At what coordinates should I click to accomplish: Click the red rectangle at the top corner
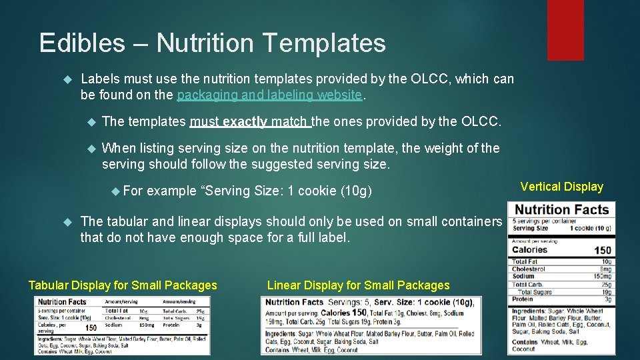[x=565, y=29]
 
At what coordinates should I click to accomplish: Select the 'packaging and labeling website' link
[x=270, y=95]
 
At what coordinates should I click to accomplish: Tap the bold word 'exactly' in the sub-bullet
[x=245, y=122]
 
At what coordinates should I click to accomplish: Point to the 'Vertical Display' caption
[x=561, y=187]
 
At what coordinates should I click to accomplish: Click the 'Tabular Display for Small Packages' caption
[x=123, y=285]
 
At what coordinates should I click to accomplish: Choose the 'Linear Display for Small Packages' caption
[x=358, y=285]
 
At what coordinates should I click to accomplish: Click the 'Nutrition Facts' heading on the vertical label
[x=562, y=210]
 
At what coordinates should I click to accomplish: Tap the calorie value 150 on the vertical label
[x=603, y=251]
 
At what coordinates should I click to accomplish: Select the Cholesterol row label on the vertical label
[x=529, y=269]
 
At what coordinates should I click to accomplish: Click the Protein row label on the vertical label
[x=523, y=299]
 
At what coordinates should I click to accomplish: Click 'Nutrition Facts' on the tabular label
[x=62, y=302]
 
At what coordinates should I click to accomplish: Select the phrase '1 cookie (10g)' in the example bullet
[x=331, y=191]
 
